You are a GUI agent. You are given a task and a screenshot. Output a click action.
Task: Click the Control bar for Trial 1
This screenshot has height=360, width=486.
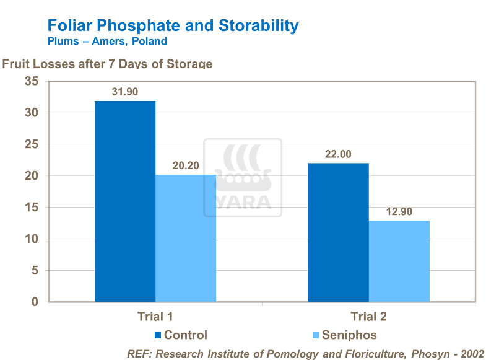(x=124, y=201)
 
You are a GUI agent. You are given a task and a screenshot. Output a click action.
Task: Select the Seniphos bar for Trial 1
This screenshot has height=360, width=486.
(x=186, y=238)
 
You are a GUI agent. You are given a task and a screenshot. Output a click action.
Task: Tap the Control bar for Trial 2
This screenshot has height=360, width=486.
(x=338, y=232)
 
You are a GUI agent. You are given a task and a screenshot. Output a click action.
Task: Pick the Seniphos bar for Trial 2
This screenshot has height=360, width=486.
(x=399, y=261)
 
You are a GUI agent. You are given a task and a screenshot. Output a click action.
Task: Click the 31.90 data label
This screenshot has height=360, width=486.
(x=124, y=92)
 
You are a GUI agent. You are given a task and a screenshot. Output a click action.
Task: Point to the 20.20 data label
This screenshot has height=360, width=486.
(x=185, y=165)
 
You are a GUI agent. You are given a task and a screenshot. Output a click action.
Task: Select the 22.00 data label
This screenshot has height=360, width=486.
(x=338, y=154)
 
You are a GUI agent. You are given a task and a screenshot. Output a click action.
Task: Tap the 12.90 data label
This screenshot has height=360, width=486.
(x=399, y=211)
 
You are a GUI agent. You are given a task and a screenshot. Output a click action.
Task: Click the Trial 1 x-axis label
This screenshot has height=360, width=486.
(x=155, y=317)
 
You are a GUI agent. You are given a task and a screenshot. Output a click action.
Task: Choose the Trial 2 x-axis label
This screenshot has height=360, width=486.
(x=368, y=317)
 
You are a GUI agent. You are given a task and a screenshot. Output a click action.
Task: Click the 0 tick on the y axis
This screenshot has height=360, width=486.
(x=35, y=302)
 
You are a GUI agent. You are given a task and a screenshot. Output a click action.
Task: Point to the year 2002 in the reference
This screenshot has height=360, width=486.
(x=471, y=353)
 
